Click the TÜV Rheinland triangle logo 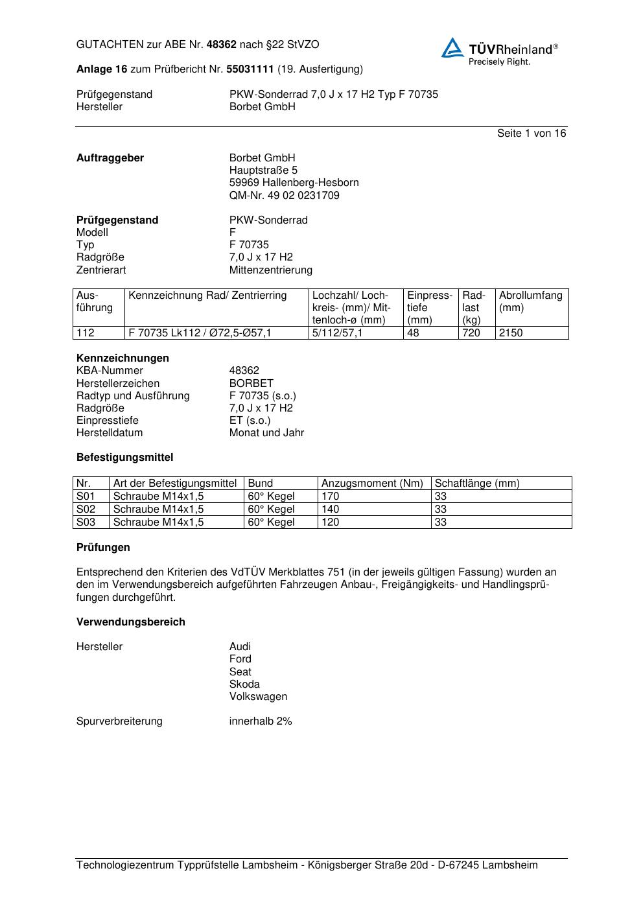point(452,48)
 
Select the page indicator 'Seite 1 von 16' point(531,133)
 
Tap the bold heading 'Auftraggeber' point(110,157)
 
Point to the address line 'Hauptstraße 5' point(263,170)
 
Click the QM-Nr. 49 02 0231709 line point(284,195)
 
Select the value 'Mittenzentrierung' point(270,270)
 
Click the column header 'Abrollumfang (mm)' point(530,301)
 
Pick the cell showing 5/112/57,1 point(338,332)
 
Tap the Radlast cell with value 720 point(471,332)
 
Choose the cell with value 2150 point(511,332)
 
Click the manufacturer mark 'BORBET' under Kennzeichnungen point(251,383)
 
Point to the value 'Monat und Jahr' point(266,432)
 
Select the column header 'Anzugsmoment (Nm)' point(372,483)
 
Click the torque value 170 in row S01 point(330,496)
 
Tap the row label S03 point(86,522)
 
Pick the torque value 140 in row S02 point(330,509)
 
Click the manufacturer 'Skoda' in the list point(244,684)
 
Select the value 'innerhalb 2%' point(261,721)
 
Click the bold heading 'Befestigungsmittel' point(124,457)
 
